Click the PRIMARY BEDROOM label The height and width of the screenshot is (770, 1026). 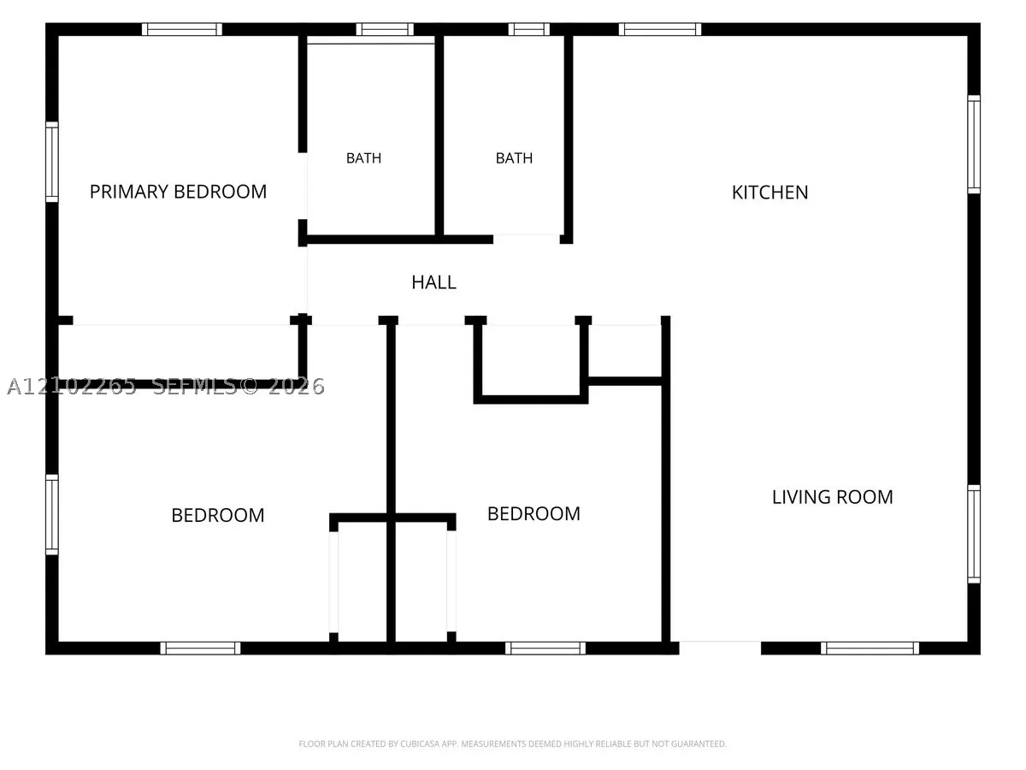(x=178, y=192)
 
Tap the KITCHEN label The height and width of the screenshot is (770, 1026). (x=769, y=192)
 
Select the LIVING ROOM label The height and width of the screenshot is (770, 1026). (x=832, y=497)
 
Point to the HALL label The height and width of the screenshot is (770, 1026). (x=433, y=282)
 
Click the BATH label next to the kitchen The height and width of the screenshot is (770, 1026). (x=514, y=158)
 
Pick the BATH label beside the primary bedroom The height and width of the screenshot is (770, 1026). (x=363, y=158)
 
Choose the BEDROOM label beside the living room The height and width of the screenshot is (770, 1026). (x=534, y=514)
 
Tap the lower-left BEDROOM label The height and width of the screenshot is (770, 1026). (x=218, y=515)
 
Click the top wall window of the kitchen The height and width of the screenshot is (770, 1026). (x=659, y=29)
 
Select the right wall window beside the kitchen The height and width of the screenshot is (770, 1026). (x=974, y=144)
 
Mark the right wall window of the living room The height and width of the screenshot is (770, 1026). (x=974, y=533)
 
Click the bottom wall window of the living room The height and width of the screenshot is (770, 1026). (x=870, y=648)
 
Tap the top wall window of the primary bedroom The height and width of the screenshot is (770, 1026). (x=182, y=29)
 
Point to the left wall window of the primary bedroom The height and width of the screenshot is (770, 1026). (x=52, y=162)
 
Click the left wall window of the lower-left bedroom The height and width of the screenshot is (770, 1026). (x=52, y=515)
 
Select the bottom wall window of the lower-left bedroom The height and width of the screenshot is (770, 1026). (x=200, y=648)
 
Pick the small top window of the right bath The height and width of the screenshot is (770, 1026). (x=528, y=29)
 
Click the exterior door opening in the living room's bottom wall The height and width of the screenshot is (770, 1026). (x=720, y=648)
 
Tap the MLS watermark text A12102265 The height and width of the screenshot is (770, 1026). (x=72, y=386)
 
